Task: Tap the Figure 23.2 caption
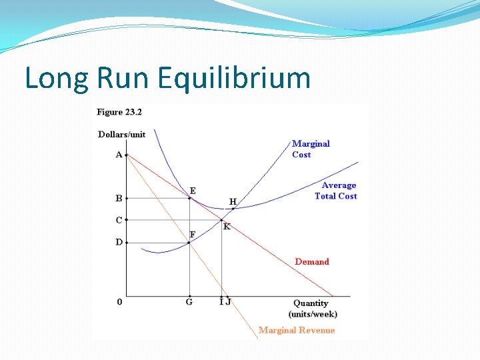[x=119, y=112]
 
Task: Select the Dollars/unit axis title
[x=122, y=134]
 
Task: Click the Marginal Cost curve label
[x=311, y=149]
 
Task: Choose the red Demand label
[x=312, y=261]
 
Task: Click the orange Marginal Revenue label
[x=297, y=330]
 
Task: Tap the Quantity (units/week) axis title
[x=313, y=308]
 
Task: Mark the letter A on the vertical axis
[x=119, y=155]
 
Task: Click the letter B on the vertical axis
[x=119, y=198]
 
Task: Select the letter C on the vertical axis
[x=119, y=220]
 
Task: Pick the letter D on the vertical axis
[x=119, y=242]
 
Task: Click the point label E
[x=193, y=191]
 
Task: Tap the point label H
[x=233, y=201]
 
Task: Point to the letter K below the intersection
[x=227, y=227]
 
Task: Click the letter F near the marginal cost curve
[x=193, y=235]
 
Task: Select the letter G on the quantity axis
[x=189, y=302]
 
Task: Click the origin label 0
[x=120, y=302]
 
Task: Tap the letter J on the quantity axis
[x=229, y=302]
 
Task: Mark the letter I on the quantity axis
[x=221, y=302]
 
